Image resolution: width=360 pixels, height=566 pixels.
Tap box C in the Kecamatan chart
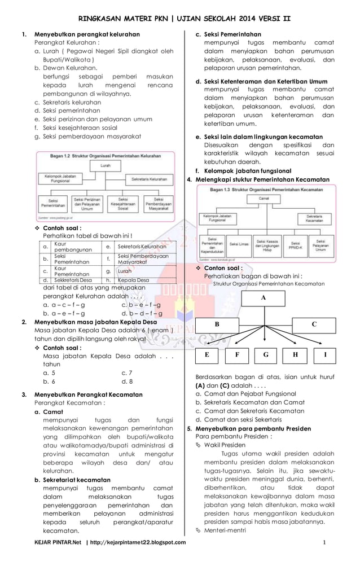314,324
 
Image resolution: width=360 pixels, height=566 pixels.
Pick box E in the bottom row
207,356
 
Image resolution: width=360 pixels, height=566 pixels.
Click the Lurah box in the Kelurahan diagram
106,166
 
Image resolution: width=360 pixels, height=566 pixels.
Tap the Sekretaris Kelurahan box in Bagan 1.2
150,178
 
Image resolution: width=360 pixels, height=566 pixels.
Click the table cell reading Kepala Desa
134,280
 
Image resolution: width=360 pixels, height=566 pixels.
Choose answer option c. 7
127,373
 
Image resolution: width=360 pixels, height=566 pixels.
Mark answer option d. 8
127,381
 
